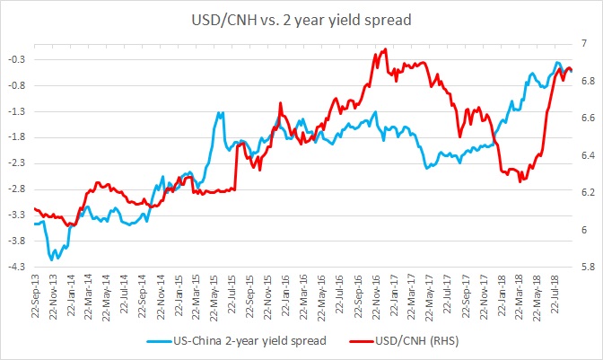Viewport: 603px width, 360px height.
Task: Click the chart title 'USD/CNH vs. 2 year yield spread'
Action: click(x=301, y=19)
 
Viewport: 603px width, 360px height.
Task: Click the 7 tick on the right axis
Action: click(x=583, y=43)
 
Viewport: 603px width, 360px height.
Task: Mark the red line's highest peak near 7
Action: click(x=385, y=49)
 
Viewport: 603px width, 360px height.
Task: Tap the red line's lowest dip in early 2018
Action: click(x=520, y=180)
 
